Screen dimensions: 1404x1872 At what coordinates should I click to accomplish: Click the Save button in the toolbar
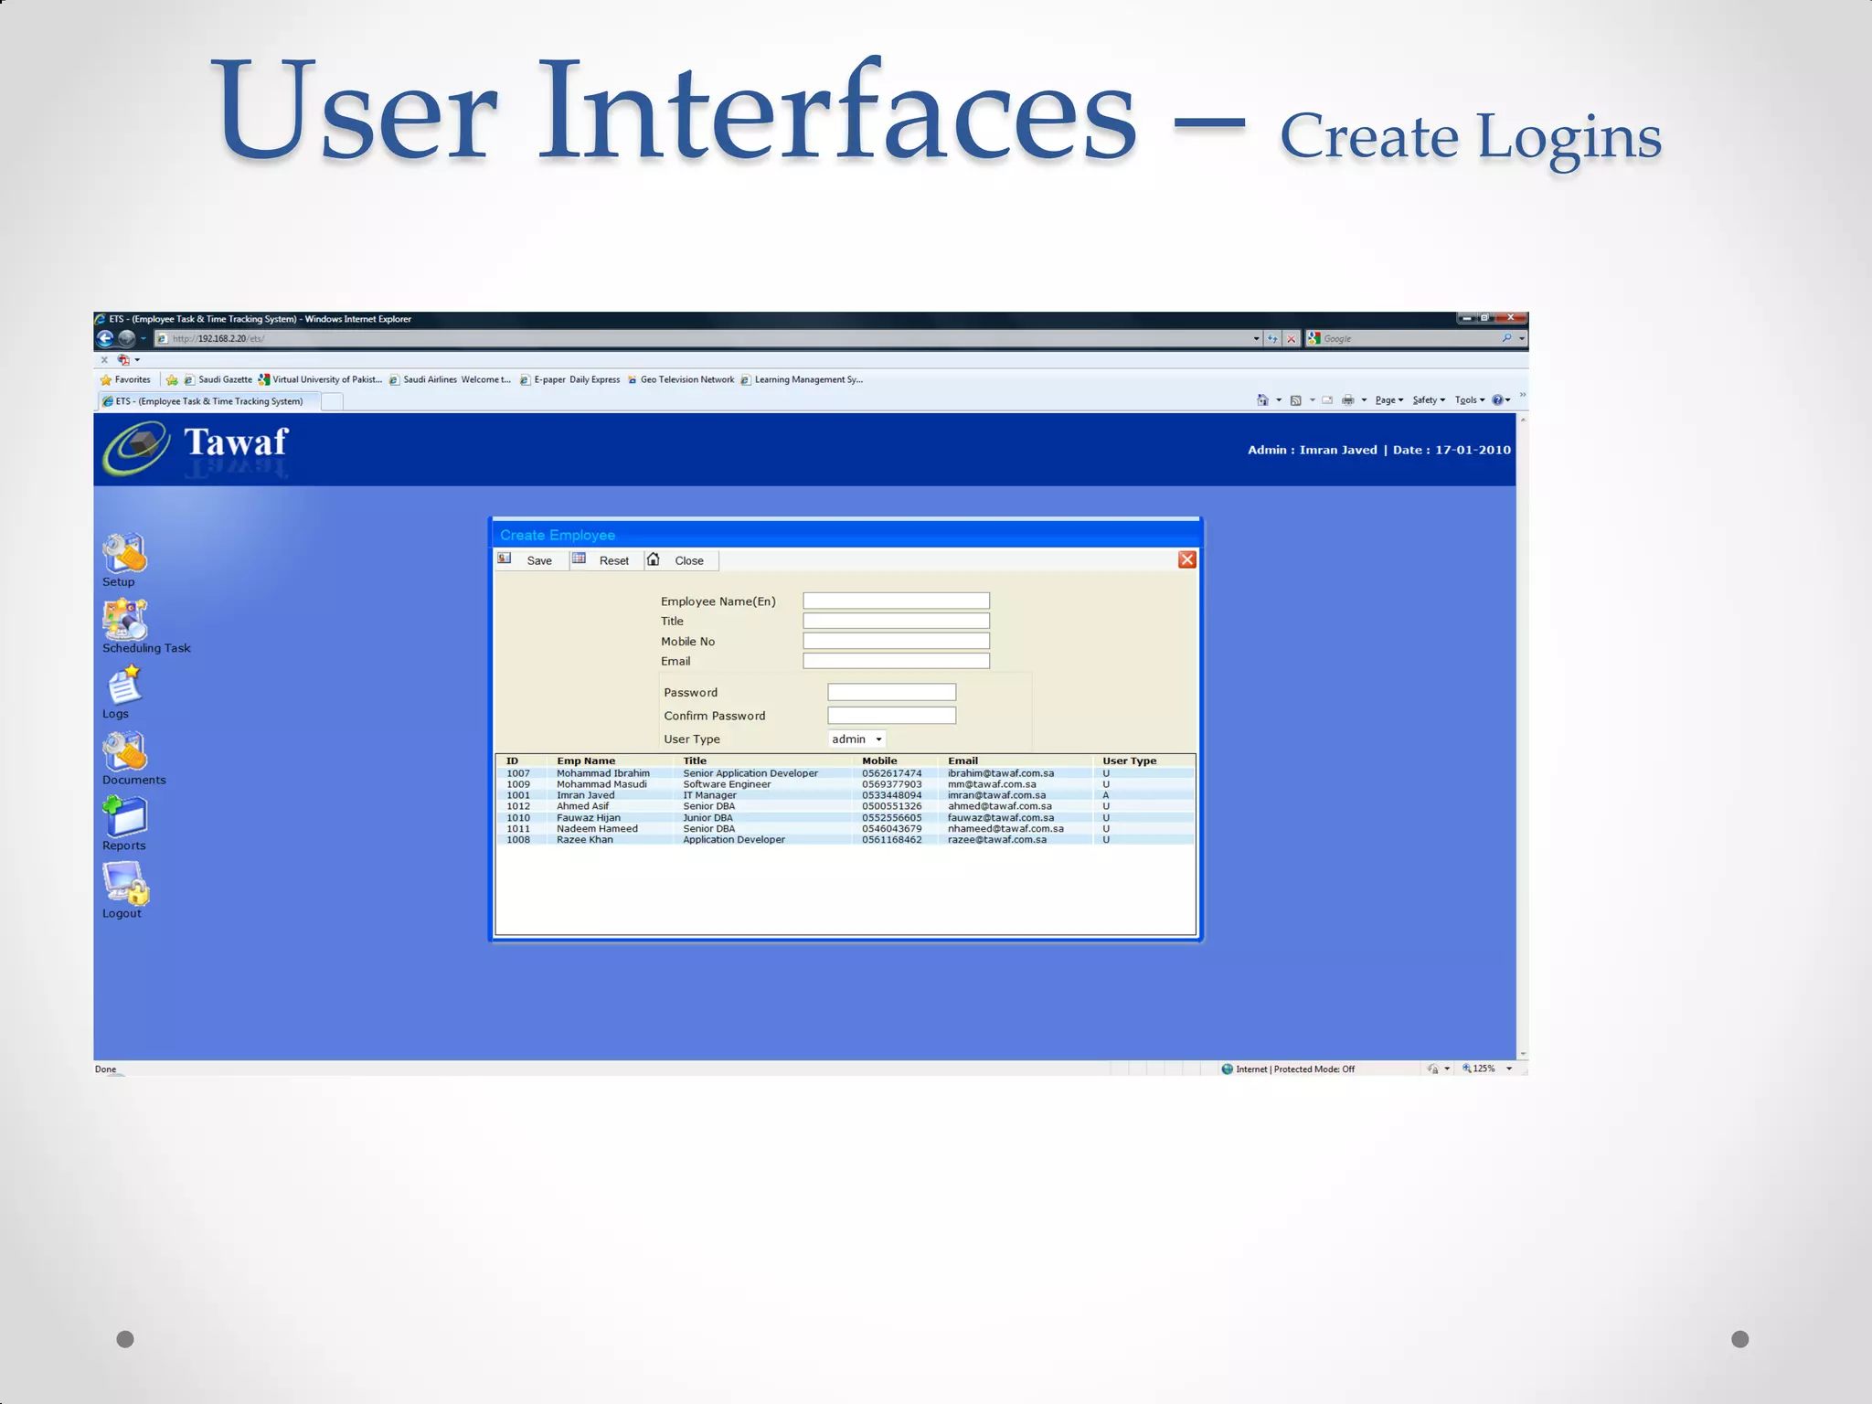click(538, 560)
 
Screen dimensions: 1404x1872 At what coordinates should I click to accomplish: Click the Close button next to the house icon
click(688, 560)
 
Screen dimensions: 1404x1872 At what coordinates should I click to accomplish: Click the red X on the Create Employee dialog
click(1186, 559)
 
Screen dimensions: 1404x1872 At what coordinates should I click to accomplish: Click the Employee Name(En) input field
click(896, 601)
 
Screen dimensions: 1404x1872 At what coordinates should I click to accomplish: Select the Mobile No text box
click(896, 641)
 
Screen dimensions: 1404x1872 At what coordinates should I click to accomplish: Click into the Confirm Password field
click(891, 716)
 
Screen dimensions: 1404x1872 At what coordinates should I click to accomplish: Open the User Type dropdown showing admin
click(856, 739)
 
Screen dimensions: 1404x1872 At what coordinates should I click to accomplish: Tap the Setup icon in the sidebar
click(124, 553)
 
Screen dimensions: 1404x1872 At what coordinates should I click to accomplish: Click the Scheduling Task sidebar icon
click(125, 620)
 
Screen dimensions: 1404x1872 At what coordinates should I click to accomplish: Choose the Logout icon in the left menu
click(126, 883)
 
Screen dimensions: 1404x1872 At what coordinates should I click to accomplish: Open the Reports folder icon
click(125, 816)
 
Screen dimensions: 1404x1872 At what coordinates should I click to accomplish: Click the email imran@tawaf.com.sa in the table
click(996, 795)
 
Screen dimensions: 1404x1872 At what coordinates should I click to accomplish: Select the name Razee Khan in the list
click(585, 840)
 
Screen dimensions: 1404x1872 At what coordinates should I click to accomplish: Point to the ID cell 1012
click(518, 806)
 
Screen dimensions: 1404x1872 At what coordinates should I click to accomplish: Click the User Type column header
click(1129, 760)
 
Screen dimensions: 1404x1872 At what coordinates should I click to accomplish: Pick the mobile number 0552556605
click(891, 818)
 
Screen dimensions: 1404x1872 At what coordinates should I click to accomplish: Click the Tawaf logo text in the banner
click(236, 442)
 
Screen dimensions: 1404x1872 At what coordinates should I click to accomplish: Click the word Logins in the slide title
click(1569, 137)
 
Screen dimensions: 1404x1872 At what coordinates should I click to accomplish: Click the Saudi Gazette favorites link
click(225, 379)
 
